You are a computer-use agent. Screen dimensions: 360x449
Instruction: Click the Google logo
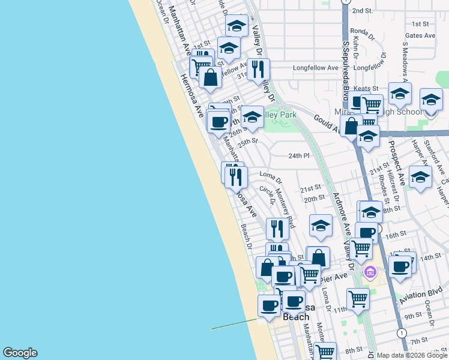point(20,353)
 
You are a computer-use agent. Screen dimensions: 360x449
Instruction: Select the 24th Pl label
point(298,155)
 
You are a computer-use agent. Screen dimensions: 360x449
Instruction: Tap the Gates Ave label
point(421,36)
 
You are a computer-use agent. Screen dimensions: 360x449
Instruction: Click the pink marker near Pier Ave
point(370,274)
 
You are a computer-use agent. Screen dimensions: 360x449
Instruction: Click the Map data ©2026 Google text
point(412,355)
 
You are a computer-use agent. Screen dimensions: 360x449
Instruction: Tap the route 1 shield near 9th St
point(401,333)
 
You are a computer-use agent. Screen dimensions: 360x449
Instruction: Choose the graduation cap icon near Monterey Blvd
point(321,226)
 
